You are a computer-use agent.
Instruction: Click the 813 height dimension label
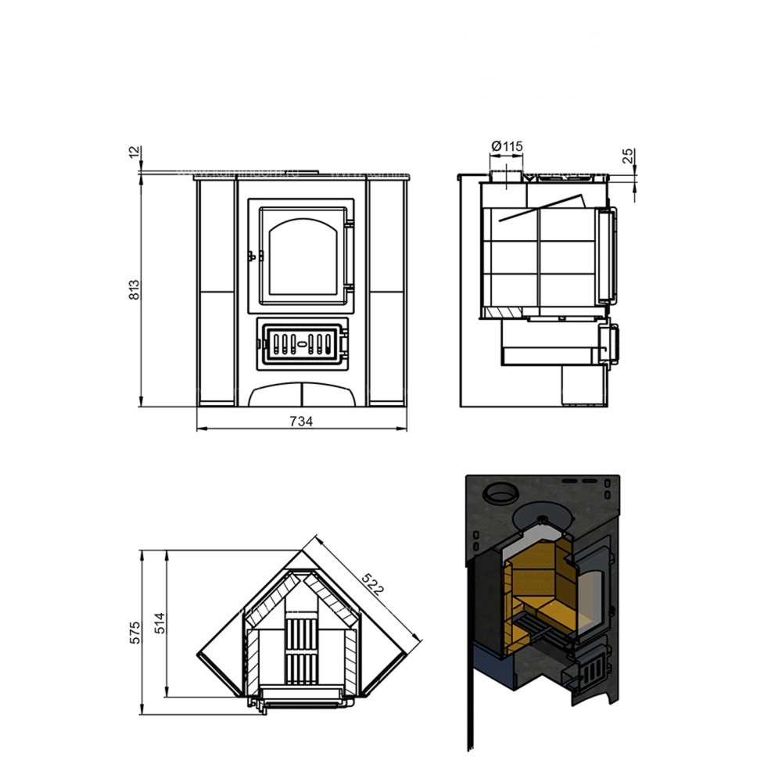pos(135,290)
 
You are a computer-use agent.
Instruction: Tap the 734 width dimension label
pos(301,422)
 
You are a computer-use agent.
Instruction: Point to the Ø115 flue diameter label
pos(507,146)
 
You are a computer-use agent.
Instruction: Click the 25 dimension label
pos(628,156)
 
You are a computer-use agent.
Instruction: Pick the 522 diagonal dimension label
pos(373,584)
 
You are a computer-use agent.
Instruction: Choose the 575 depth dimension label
pos(135,633)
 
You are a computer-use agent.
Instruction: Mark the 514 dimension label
pos(159,623)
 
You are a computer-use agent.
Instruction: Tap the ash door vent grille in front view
pos(303,344)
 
